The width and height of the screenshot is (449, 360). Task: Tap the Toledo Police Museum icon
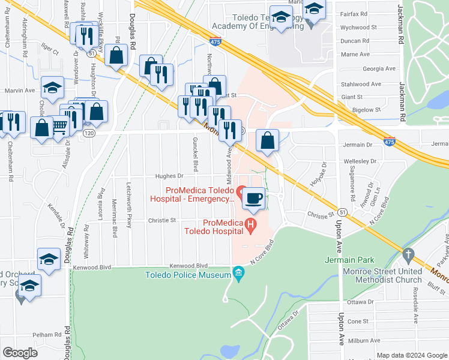pos(238,275)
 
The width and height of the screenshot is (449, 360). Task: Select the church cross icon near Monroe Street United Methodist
pos(409,254)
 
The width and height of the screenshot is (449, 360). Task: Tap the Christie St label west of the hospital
pos(161,220)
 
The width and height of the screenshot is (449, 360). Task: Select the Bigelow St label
pos(369,110)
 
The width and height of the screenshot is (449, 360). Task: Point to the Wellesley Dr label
pos(360,161)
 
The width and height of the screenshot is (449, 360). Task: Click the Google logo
pos(20,352)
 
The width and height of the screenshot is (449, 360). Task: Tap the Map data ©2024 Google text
pos(411,355)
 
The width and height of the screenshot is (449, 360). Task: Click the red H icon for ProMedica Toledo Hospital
pos(252,226)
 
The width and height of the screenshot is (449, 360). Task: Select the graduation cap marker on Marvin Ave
pos(53,88)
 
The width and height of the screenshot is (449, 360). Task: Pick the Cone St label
pos(357,321)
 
